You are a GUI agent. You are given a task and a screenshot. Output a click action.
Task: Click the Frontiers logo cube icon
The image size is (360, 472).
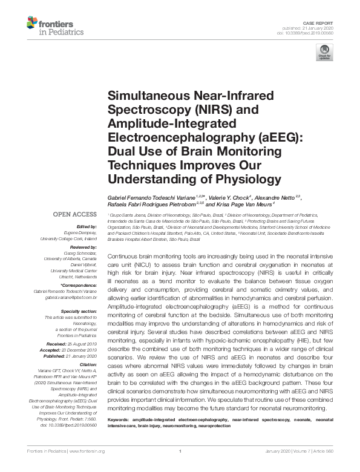tap(33, 24)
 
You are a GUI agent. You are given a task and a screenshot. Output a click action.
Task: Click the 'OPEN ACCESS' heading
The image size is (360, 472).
tap(74, 215)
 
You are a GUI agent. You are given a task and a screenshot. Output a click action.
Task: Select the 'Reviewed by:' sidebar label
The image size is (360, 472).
tap(81, 248)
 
